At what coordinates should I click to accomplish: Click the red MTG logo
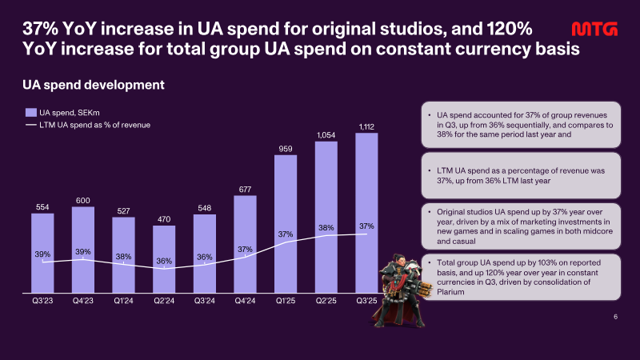pyautogui.click(x=594, y=29)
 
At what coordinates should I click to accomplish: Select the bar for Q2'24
pyautogui.click(x=164, y=259)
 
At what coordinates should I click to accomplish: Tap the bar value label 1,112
pyautogui.click(x=366, y=127)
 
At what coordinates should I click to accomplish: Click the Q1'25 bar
pyautogui.click(x=286, y=224)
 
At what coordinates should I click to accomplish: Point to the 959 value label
pyautogui.click(x=286, y=149)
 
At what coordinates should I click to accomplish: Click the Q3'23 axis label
pyautogui.click(x=42, y=301)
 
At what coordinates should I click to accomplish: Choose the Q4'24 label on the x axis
pyautogui.click(x=245, y=301)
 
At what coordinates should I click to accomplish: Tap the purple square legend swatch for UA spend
pyautogui.click(x=31, y=113)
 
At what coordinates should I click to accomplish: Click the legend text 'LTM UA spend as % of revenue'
pyautogui.click(x=94, y=125)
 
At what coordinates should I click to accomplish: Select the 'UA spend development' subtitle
pyautogui.click(x=94, y=85)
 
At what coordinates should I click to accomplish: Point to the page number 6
pyautogui.click(x=615, y=317)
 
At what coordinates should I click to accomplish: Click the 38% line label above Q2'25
pyautogui.click(x=326, y=228)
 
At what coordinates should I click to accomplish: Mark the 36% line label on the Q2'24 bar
pyautogui.click(x=164, y=262)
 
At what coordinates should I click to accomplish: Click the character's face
pyautogui.click(x=399, y=262)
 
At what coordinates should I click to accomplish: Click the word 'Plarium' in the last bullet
pyautogui.click(x=450, y=292)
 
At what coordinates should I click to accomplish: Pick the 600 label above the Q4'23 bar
pyautogui.click(x=83, y=201)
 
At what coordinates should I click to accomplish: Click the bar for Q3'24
pyautogui.click(x=205, y=254)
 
